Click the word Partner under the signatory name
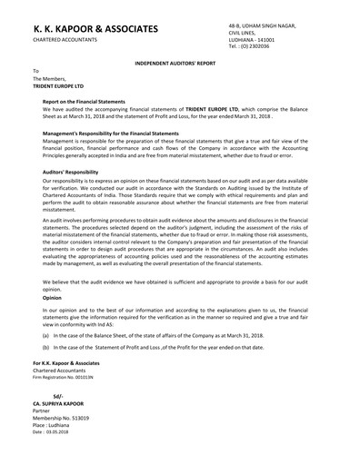click(x=45, y=411)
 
